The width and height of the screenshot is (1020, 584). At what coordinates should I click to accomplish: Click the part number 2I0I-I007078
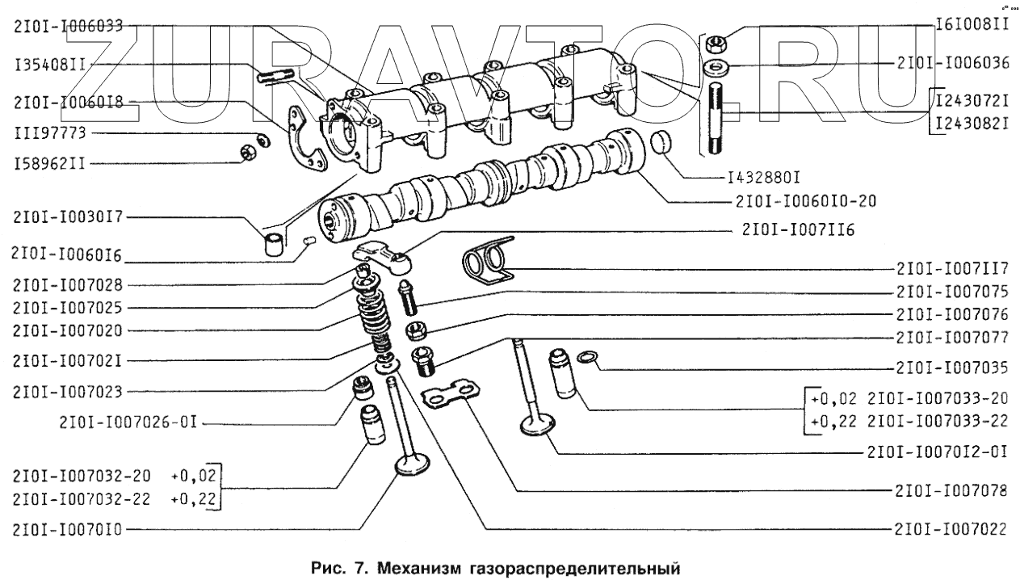pos(951,489)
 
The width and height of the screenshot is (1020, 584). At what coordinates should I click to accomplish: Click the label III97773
pos(50,131)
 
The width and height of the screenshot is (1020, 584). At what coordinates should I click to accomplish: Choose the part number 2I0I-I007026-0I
pos(128,421)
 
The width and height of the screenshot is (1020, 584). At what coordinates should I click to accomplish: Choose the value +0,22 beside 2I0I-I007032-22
pos(194,499)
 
